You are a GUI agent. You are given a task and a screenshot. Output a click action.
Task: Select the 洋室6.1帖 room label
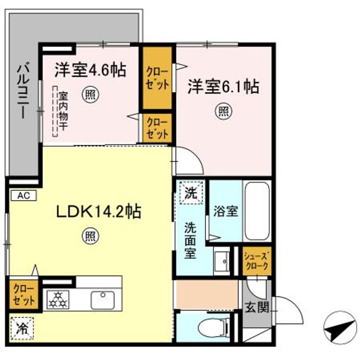pyautogui.click(x=223, y=87)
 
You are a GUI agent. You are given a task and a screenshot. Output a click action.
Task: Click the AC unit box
pyautogui.click(x=22, y=195)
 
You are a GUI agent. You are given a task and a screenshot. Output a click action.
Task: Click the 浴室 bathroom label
pyautogui.click(x=225, y=210)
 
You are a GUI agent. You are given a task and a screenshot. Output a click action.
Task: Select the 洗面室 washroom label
pyautogui.click(x=191, y=240)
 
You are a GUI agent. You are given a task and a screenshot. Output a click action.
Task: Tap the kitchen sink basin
pyautogui.click(x=102, y=300)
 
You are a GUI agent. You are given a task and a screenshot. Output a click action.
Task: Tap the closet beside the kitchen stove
pyautogui.click(x=23, y=295)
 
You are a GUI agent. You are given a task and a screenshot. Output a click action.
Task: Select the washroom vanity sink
pyautogui.click(x=221, y=260)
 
